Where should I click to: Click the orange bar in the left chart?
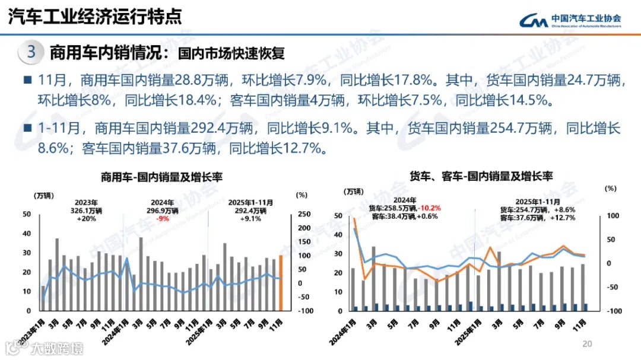click(x=281, y=283)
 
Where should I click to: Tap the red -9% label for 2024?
click(x=163, y=218)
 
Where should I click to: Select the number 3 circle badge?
click(x=31, y=53)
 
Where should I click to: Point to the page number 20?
click(x=588, y=344)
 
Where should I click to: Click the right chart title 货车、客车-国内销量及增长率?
click(x=481, y=176)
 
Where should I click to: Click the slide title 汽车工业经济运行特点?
click(x=95, y=17)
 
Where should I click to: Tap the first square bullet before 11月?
click(x=27, y=80)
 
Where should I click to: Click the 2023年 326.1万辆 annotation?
click(x=87, y=210)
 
